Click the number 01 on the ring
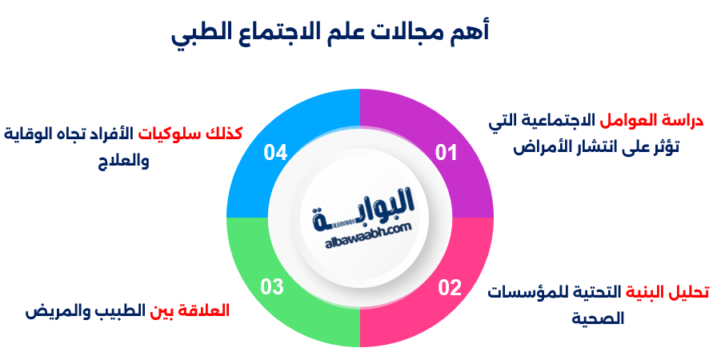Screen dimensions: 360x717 446,152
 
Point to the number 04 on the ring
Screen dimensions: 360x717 274,152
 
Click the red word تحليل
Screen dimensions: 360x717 689,291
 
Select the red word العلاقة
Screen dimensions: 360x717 203,310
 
